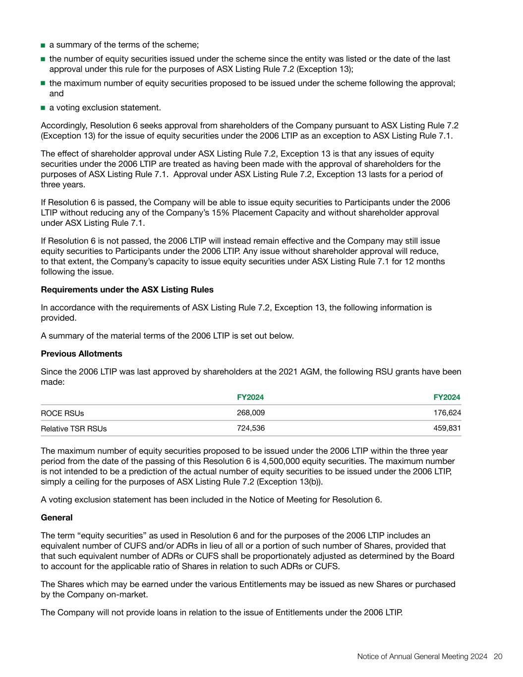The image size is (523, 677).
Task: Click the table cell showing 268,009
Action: point(250,413)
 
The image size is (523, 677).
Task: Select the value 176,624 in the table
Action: point(447,413)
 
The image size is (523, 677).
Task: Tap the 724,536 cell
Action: point(250,428)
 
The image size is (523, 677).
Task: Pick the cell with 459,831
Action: point(447,428)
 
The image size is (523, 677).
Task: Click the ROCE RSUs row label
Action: point(62,413)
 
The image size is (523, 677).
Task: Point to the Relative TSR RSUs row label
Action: point(73,429)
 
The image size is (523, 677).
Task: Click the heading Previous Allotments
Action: point(81,354)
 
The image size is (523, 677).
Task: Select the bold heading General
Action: point(57,517)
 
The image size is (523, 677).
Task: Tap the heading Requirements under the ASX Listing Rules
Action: point(127,289)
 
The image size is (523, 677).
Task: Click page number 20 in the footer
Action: point(498,656)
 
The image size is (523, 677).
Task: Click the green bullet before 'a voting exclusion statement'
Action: point(43,108)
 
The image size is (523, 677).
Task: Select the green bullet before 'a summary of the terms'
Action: point(43,45)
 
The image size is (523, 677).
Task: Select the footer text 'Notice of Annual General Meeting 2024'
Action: point(422,656)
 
